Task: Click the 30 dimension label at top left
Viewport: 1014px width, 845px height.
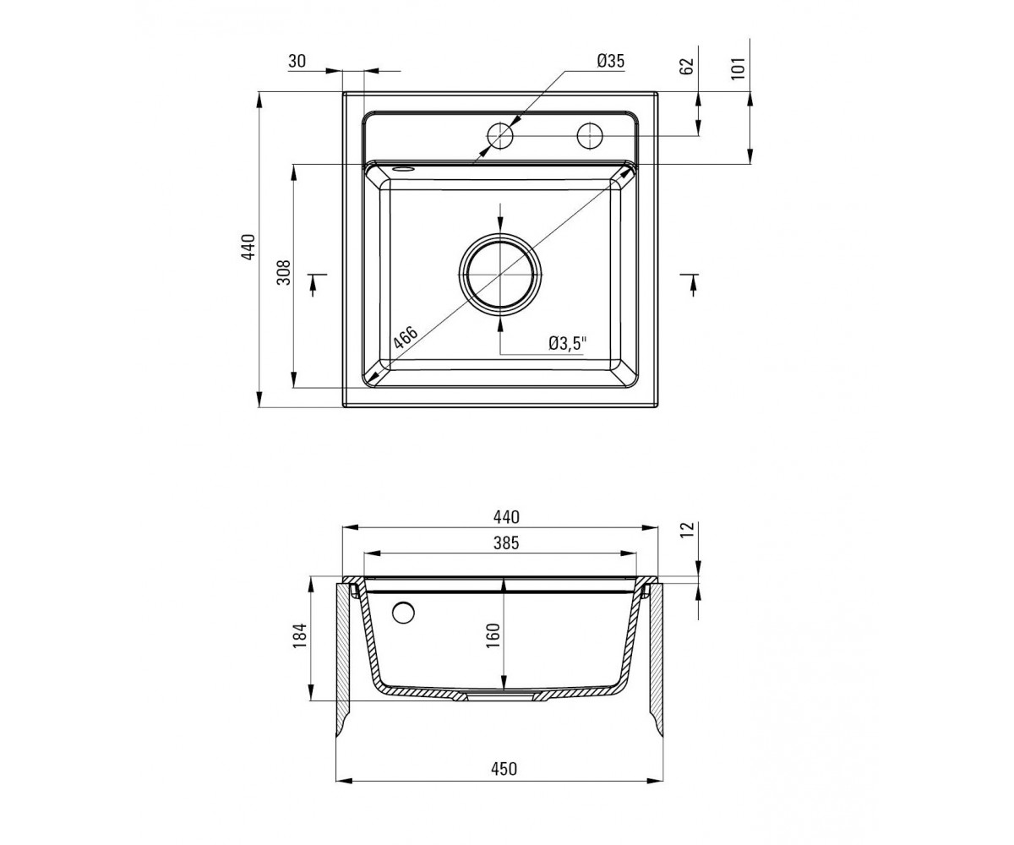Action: coord(297,61)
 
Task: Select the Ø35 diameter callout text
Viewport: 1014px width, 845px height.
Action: coord(610,61)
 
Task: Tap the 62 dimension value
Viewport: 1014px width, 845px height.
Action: coord(687,66)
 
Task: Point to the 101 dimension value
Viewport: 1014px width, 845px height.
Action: coord(738,68)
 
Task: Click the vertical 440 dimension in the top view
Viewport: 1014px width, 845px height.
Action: coord(248,247)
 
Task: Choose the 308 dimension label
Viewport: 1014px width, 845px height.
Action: coord(284,272)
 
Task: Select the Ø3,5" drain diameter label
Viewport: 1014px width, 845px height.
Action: coord(568,343)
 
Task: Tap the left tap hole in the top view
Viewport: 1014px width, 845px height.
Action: coord(500,136)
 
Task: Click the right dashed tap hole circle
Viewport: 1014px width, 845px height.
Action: coord(590,136)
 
